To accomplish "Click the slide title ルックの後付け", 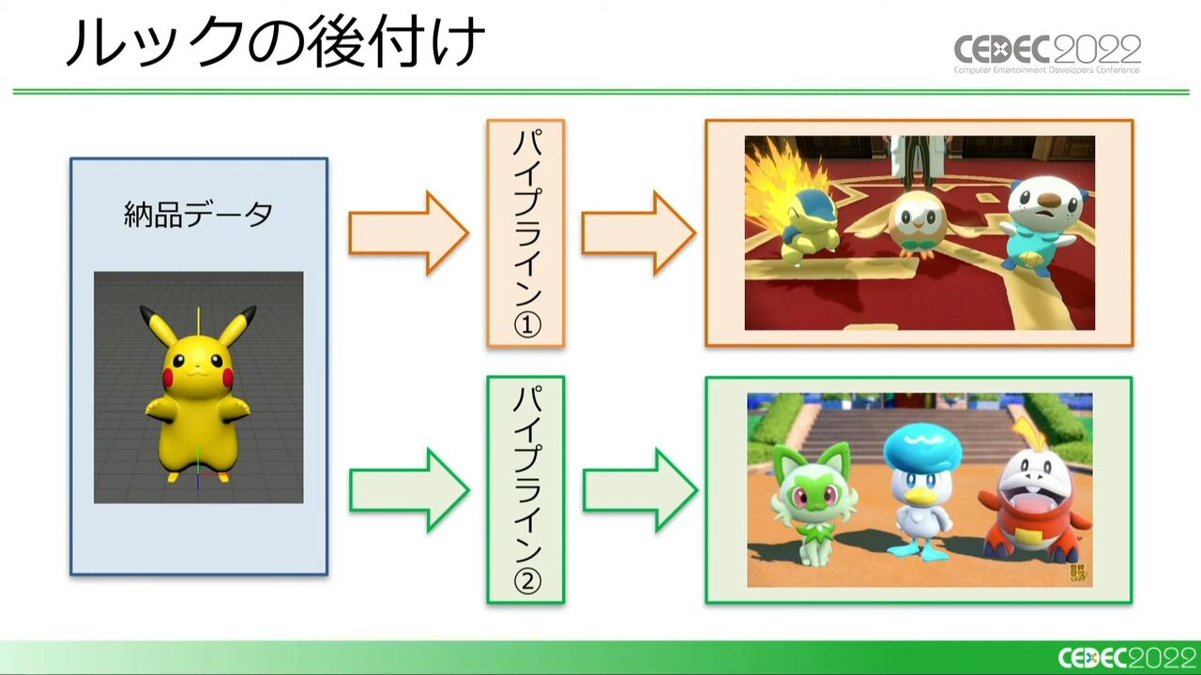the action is click(275, 42).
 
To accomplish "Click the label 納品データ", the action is click(198, 215).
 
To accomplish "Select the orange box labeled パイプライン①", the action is click(525, 233).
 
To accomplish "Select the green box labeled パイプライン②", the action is click(525, 489).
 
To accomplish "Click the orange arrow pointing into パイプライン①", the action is click(408, 233).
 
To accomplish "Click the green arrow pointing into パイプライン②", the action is click(409, 489).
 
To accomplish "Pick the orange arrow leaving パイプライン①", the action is click(639, 233).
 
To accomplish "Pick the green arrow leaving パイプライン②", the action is click(640, 489).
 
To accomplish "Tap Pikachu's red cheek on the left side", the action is click(168, 378).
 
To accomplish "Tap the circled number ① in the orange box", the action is click(527, 324).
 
